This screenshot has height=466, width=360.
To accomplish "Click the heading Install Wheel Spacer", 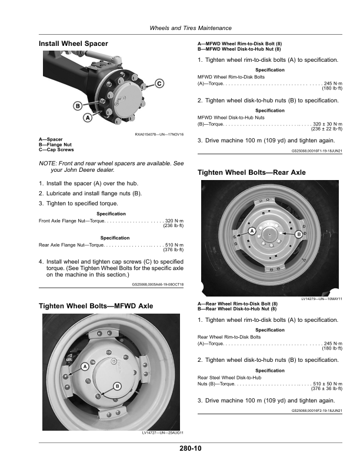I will click(x=73, y=44).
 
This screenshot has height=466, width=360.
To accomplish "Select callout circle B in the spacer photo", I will click(x=76, y=106).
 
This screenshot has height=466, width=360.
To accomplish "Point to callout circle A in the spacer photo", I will click(x=87, y=118).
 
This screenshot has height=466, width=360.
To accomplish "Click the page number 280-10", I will click(x=191, y=449).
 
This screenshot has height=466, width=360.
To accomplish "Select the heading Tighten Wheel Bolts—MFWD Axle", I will click(x=95, y=306).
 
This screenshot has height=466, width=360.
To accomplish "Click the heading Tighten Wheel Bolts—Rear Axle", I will click(x=251, y=172).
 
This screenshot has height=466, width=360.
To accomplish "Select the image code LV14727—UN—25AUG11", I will click(x=163, y=433).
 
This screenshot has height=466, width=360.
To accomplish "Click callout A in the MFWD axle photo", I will click(x=84, y=366).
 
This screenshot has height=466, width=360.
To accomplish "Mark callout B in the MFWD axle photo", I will click(x=117, y=385).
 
